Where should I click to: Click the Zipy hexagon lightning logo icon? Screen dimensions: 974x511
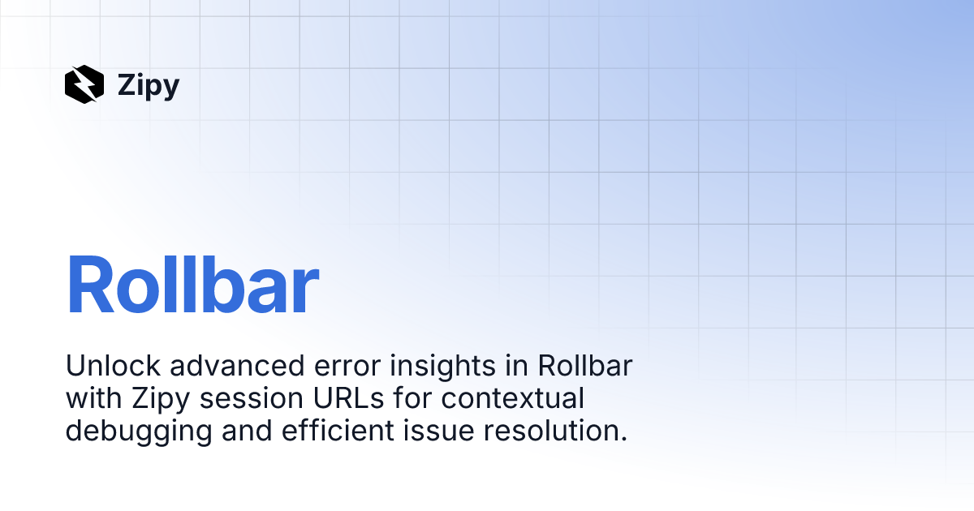click(84, 84)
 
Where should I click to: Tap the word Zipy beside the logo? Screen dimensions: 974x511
click(149, 86)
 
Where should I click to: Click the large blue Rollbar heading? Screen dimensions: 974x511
click(192, 285)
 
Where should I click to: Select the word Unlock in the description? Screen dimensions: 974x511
click(113, 366)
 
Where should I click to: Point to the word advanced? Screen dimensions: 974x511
click(237, 366)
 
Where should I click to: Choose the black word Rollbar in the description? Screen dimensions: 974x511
click(585, 366)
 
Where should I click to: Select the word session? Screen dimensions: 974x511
click(252, 398)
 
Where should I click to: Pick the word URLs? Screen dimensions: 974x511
click(348, 398)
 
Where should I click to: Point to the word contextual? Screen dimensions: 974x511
click(513, 398)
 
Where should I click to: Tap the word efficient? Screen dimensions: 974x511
click(338, 431)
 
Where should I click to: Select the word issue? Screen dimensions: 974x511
click(438, 431)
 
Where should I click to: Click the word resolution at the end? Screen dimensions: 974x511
click(555, 431)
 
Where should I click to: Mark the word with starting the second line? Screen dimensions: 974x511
click(94, 398)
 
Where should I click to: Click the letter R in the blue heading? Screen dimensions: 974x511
click(90, 285)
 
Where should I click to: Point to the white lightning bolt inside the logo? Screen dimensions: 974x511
click(84, 84)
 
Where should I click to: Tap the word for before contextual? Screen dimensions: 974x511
click(412, 398)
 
